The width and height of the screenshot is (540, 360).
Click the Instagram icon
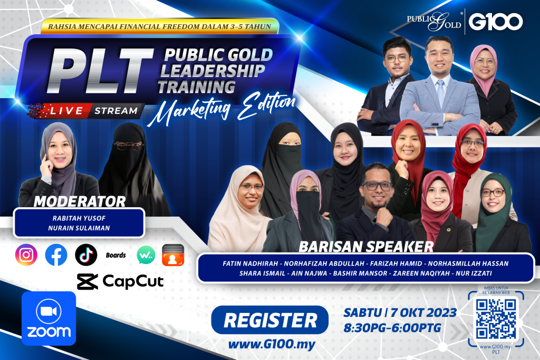point(26,255)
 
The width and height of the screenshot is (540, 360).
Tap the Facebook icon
point(56,255)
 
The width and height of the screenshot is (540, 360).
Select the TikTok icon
point(86,255)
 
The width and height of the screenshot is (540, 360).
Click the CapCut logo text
point(132,281)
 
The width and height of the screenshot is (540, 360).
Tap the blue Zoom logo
point(49,318)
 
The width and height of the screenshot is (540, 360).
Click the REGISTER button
point(270,320)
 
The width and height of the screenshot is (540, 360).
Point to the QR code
point(496,319)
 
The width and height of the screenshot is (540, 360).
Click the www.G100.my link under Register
point(272,344)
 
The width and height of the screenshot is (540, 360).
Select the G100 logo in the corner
point(495,22)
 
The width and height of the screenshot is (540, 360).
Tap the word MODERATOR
point(80,202)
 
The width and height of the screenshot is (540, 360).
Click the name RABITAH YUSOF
point(79,218)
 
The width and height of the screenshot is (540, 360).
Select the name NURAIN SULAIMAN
point(79,228)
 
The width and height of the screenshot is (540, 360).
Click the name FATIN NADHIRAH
point(250,264)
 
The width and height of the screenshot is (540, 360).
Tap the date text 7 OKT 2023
point(423,313)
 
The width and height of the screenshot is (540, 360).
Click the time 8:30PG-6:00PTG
point(392,328)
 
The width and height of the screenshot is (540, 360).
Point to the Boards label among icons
point(115,255)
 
